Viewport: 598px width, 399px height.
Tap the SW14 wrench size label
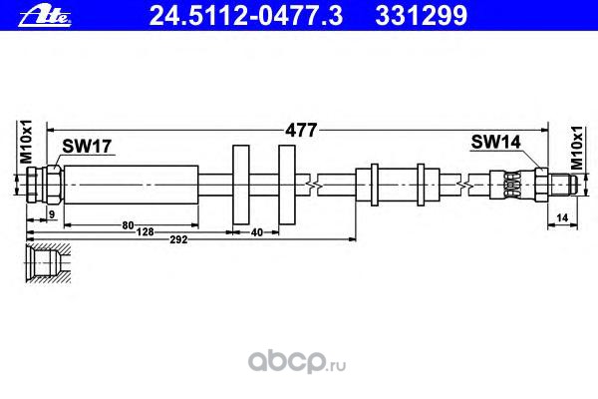click(x=495, y=143)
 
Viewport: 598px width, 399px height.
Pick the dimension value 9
click(x=51, y=214)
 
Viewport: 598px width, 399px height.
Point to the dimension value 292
click(x=175, y=239)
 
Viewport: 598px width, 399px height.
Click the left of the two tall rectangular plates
click(x=241, y=185)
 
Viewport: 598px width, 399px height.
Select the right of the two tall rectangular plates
click(x=287, y=185)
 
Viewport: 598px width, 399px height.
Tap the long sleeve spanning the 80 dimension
click(x=130, y=185)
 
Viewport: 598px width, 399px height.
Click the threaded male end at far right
click(x=560, y=184)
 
